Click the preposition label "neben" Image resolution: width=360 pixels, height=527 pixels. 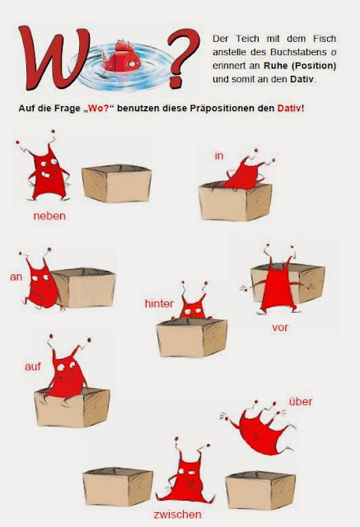click(x=49, y=217)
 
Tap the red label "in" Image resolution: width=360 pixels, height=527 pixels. click(x=219, y=155)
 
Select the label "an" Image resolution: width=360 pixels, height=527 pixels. click(x=16, y=277)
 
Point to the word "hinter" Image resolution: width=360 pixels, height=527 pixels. click(x=158, y=304)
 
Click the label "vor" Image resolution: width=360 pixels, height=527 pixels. click(x=280, y=326)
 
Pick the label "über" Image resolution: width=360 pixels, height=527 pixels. click(x=300, y=401)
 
